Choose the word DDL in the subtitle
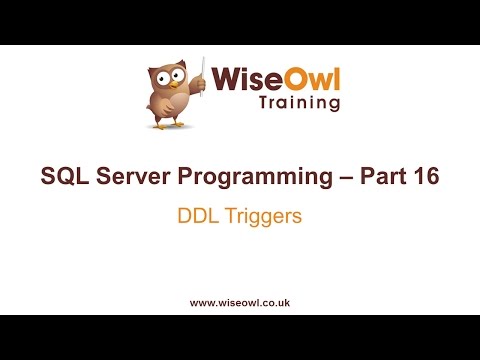pyautogui.click(x=197, y=215)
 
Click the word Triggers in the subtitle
pyautogui.click(x=261, y=216)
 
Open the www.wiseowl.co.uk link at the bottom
pyautogui.click(x=240, y=301)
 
